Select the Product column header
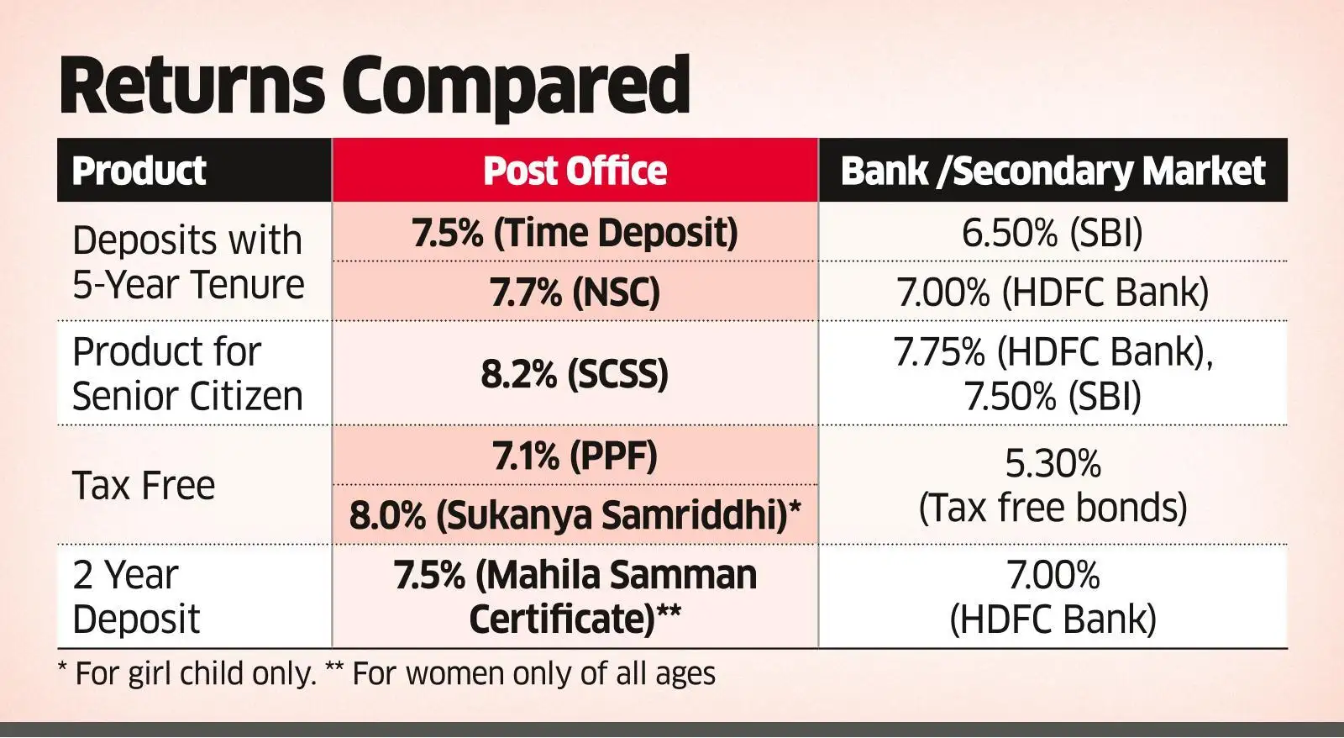139,171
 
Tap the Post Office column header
575,171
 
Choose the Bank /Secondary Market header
1053,171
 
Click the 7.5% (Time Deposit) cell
575,233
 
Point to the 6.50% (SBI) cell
1053,233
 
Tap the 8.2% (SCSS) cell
575,374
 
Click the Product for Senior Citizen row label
187,374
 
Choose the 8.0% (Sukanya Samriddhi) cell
575,515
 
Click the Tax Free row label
144,486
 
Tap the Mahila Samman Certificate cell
575,597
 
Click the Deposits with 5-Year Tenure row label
187,262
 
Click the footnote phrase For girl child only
195,674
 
